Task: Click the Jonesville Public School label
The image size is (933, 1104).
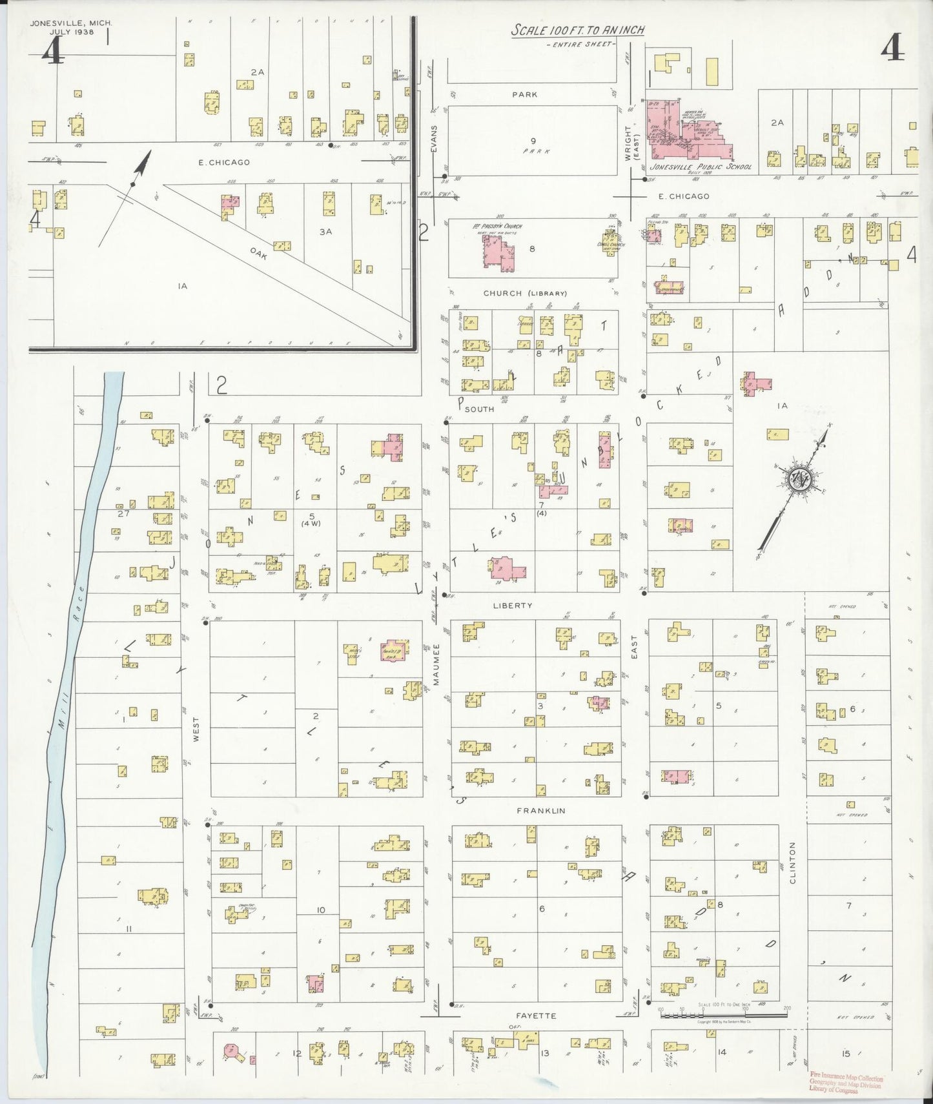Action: pyautogui.click(x=701, y=167)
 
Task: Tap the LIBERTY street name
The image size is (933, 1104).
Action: pyautogui.click(x=512, y=606)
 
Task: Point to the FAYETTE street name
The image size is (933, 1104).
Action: pyautogui.click(x=538, y=1016)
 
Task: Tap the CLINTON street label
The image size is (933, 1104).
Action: pyautogui.click(x=792, y=863)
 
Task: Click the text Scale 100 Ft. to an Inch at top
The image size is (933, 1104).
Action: pyautogui.click(x=578, y=30)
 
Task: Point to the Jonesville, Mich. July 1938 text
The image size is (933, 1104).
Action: pyautogui.click(x=71, y=27)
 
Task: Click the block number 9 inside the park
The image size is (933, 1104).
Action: pyautogui.click(x=533, y=141)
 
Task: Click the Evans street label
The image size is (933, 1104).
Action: pyautogui.click(x=435, y=139)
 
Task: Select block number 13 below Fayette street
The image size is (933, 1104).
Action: pyautogui.click(x=544, y=1053)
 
